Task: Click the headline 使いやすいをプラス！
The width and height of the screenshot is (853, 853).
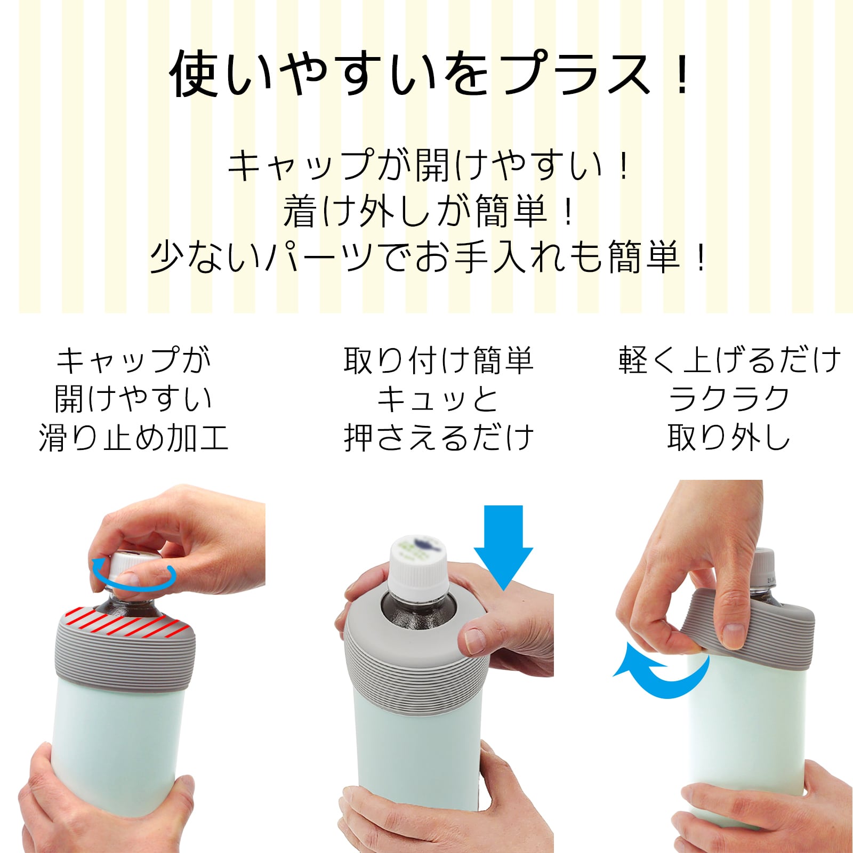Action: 430,74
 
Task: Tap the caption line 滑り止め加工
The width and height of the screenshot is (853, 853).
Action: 133,438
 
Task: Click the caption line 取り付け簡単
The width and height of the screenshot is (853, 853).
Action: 438,360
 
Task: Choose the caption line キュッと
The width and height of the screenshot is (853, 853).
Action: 438,399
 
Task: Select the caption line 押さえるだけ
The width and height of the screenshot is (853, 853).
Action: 438,438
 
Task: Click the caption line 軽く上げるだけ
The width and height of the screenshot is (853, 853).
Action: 729,360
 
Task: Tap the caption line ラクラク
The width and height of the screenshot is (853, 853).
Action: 729,399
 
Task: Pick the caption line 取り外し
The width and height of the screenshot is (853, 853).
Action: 729,438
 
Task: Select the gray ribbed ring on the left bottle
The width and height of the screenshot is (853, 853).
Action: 126,654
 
